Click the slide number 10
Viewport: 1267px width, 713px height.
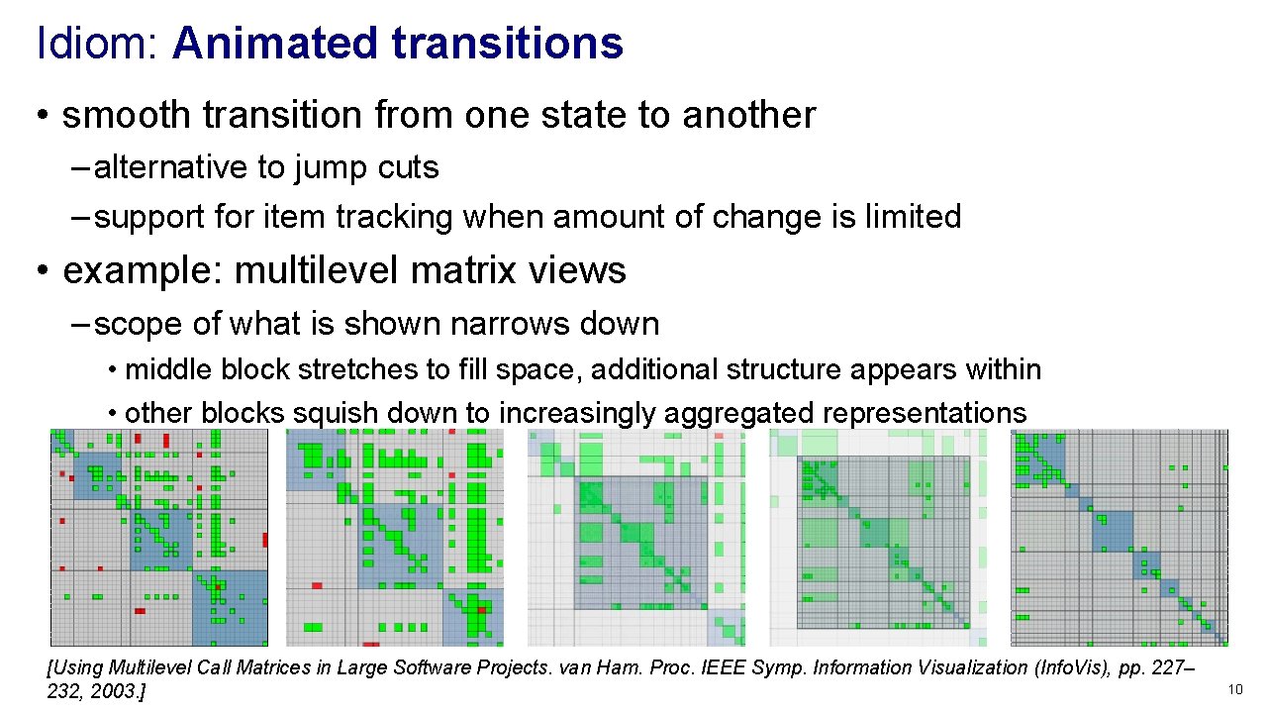[1234, 689]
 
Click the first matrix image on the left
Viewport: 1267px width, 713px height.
[159, 538]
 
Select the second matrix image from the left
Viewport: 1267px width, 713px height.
[395, 538]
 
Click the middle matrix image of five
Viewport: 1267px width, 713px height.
[635, 538]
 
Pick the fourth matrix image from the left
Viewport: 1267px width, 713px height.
[879, 538]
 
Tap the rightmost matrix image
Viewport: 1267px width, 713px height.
[1120, 538]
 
